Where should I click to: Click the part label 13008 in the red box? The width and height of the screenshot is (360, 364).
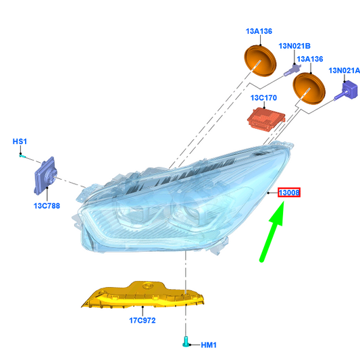pos(289,192)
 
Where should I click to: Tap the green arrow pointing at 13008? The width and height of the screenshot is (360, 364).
pos(272,232)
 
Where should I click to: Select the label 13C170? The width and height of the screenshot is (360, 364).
pos(263,98)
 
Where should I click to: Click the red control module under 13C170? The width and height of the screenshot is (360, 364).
pos(266,119)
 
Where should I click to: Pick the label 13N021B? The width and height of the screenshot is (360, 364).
pos(294,46)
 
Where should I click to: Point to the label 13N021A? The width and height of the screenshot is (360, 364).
pos(344,70)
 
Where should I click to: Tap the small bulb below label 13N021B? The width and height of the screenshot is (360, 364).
pos(292,70)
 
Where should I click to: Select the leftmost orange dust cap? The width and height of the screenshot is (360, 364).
pos(260,61)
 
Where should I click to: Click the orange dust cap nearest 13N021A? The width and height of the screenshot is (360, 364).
pos(309,88)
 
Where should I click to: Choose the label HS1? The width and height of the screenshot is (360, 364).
pos(20,141)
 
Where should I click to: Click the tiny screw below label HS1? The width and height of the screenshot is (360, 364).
pos(22,156)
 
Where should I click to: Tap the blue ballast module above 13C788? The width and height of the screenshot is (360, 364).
pos(45,176)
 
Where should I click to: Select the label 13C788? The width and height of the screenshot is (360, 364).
pos(47,206)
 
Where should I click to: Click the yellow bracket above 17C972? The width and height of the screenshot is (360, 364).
pos(143,295)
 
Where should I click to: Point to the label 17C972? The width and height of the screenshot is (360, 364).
pos(143,320)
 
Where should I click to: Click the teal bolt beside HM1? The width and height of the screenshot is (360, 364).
pos(186,342)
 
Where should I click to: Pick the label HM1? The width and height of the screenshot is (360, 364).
pos(209,345)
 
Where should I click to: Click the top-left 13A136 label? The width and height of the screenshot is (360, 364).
pos(259,31)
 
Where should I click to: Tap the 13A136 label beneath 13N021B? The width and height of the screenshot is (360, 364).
pos(310,59)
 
